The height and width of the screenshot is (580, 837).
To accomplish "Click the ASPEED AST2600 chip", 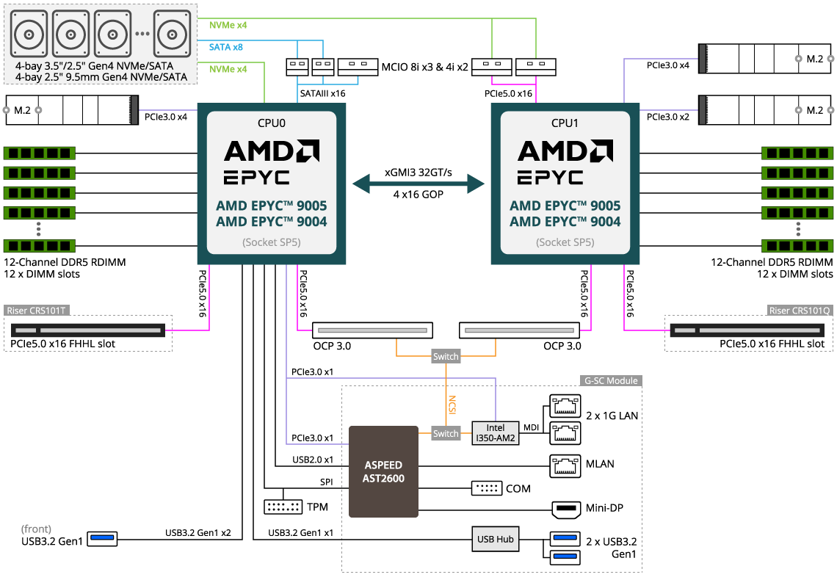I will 383,471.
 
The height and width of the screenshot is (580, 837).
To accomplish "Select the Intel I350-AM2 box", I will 495,433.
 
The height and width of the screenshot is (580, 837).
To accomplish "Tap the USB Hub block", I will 495,539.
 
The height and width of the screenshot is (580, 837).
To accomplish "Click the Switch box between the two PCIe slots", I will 446,357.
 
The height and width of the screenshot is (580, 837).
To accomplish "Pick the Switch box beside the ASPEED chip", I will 446,434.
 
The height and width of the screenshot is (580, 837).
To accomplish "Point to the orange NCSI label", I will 452,405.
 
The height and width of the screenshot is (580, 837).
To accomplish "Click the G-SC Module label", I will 610,381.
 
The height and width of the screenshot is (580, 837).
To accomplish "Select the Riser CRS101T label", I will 37,311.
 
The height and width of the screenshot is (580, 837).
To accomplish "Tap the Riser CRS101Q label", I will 800,311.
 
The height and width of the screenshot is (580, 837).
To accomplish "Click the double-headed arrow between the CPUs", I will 418,184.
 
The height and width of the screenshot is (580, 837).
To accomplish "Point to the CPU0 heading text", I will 272,123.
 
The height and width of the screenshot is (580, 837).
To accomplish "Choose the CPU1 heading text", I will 565,123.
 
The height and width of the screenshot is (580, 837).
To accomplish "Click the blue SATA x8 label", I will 226,47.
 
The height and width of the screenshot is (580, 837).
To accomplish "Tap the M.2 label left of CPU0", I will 22,110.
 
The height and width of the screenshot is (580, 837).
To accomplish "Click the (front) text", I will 37,529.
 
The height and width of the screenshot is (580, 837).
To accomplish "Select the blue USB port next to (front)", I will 102,539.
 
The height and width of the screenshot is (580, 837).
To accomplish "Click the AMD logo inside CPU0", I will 272,151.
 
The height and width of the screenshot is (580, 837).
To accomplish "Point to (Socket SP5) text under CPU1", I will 565,242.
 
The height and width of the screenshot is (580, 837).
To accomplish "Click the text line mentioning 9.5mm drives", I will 101,76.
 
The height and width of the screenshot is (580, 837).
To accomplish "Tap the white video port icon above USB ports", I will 565,510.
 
